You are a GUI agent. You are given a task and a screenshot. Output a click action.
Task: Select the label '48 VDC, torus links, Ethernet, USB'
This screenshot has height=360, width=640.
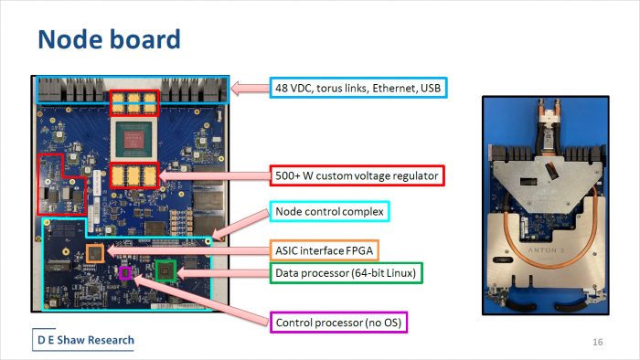pos(362,88)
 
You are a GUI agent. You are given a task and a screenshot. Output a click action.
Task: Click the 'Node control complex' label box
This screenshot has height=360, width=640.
pos(331,212)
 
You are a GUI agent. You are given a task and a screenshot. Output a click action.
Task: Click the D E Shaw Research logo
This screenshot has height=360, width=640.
pos(84,340)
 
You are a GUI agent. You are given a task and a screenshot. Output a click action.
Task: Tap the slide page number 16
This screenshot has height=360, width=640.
pos(598,342)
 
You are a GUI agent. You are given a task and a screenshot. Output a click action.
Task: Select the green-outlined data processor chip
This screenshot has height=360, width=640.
pos(165,270)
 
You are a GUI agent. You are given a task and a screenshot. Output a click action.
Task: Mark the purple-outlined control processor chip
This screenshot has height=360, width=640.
pos(126,272)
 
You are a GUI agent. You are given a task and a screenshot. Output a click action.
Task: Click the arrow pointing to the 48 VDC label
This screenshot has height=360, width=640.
pos(247,88)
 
